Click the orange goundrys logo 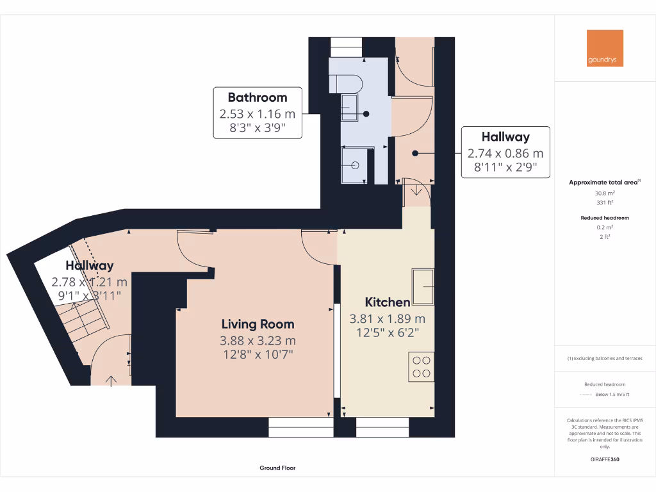[605, 48]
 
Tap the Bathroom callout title [258, 97]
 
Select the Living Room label [258, 324]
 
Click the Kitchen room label [387, 302]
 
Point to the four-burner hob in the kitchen [422, 367]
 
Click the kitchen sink [423, 286]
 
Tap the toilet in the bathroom [346, 83]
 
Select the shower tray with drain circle [357, 165]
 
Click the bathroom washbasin [350, 107]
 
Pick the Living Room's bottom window [301, 427]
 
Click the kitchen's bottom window [382, 427]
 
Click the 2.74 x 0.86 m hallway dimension [505, 154]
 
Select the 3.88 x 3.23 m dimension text [258, 341]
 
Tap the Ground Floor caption [277, 468]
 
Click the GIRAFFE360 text [605, 459]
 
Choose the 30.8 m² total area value [605, 193]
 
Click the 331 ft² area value [605, 202]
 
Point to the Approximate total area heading [603, 183]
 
